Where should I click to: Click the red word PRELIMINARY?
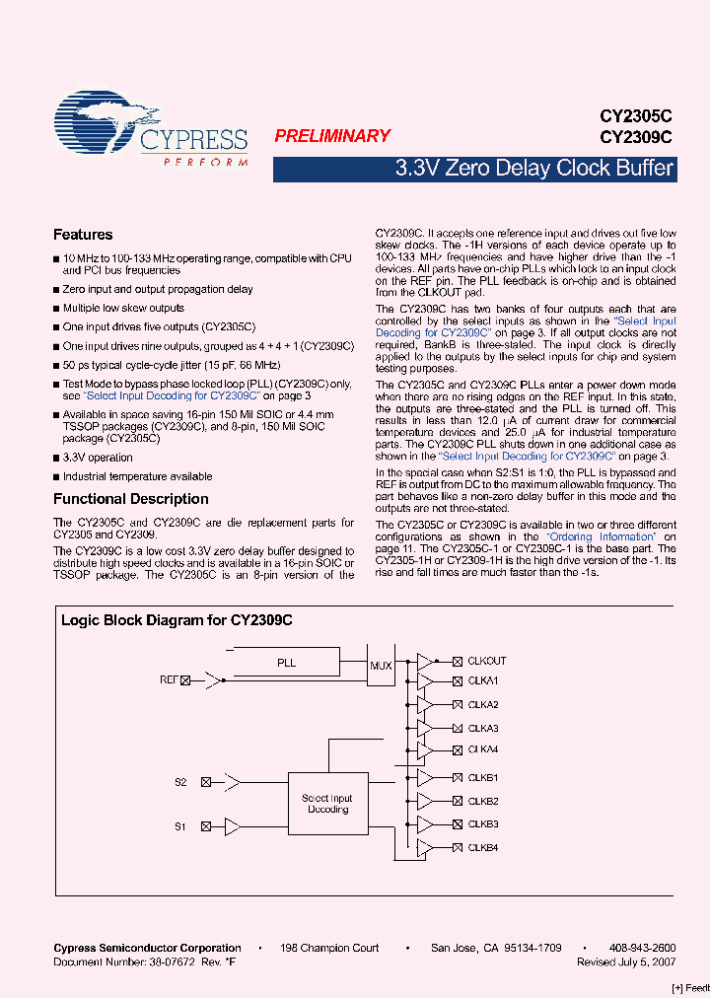coord(332,136)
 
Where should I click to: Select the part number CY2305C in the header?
coord(636,115)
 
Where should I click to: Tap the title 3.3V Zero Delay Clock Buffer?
coord(533,168)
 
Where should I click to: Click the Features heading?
coord(83,235)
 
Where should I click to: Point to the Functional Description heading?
coord(131,499)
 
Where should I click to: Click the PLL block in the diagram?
coord(286,664)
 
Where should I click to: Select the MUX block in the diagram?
coord(381,666)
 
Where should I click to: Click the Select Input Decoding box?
coord(327,804)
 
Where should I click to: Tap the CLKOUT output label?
coord(486,661)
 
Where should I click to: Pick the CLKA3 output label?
coord(483,728)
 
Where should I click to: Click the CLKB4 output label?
coord(483,848)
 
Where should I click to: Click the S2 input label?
coord(180,782)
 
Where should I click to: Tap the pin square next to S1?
coord(205,826)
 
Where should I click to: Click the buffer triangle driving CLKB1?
coord(425,778)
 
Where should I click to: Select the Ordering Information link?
coord(603,536)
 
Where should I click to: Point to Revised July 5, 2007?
coord(626,961)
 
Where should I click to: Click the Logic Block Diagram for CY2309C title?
coord(177,620)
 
